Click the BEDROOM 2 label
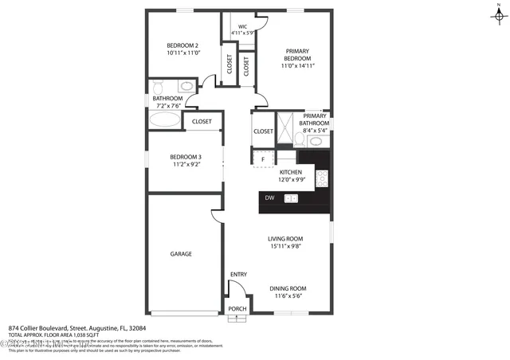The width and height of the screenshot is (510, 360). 182,45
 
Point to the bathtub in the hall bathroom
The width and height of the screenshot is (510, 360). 165,120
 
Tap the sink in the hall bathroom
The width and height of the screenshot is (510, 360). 186,85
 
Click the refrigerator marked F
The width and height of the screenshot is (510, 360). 263,159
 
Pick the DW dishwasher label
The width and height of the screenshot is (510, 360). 269,198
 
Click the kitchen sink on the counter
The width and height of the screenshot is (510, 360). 291,198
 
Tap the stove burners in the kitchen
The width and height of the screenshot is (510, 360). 323,177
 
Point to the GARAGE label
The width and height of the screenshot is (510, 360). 181,254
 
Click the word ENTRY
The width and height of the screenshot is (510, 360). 238,275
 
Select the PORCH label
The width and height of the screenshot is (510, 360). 237,309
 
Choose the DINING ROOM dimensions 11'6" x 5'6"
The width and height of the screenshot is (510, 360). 287,296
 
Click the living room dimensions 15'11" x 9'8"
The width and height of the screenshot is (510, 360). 287,246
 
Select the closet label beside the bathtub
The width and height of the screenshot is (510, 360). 202,121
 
